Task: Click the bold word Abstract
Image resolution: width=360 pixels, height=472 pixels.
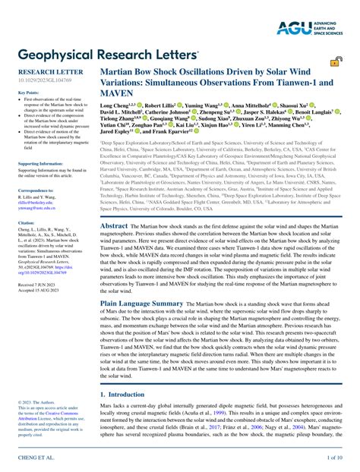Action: click(x=114, y=225)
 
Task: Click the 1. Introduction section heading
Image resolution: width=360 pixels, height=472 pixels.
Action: click(x=125, y=395)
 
